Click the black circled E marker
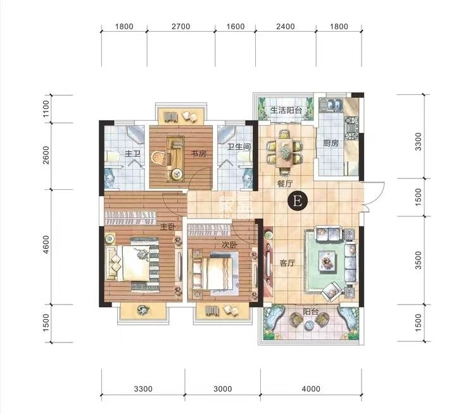(298, 201)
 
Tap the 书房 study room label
(199, 154)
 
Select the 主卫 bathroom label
(133, 154)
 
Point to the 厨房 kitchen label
(331, 143)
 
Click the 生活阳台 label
(286, 110)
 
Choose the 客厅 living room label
(287, 263)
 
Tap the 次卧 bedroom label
(230, 245)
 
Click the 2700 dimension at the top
(181, 27)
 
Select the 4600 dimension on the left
(46, 244)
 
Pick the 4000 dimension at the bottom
(311, 389)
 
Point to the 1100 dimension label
(46, 109)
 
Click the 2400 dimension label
(286, 27)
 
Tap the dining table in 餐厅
(284, 153)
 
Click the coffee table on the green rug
(327, 260)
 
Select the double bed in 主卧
(132, 264)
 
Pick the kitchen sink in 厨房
(331, 104)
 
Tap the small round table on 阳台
(309, 325)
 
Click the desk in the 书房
(175, 159)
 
